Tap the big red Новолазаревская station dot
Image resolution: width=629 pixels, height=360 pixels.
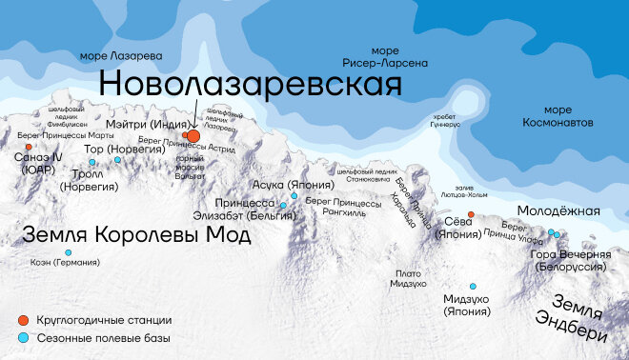coord(193,137)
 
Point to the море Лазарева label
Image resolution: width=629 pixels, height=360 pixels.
coord(121,55)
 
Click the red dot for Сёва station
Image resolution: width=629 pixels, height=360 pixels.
coord(471,215)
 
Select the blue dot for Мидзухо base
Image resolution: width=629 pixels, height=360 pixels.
coord(472,286)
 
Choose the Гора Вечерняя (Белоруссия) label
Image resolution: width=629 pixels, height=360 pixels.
coord(571,260)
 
